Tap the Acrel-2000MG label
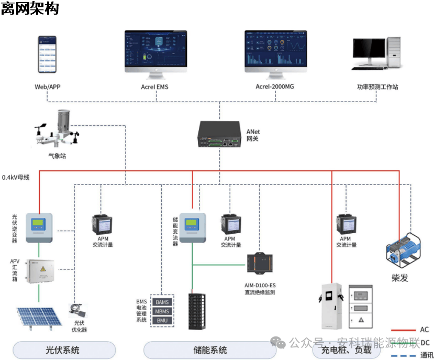coord(275,87)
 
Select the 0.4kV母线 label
coord(16,177)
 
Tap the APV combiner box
coord(39,271)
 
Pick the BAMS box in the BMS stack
coord(162,302)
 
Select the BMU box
coord(162,321)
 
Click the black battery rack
coord(197,311)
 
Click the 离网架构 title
coord(30,9)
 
